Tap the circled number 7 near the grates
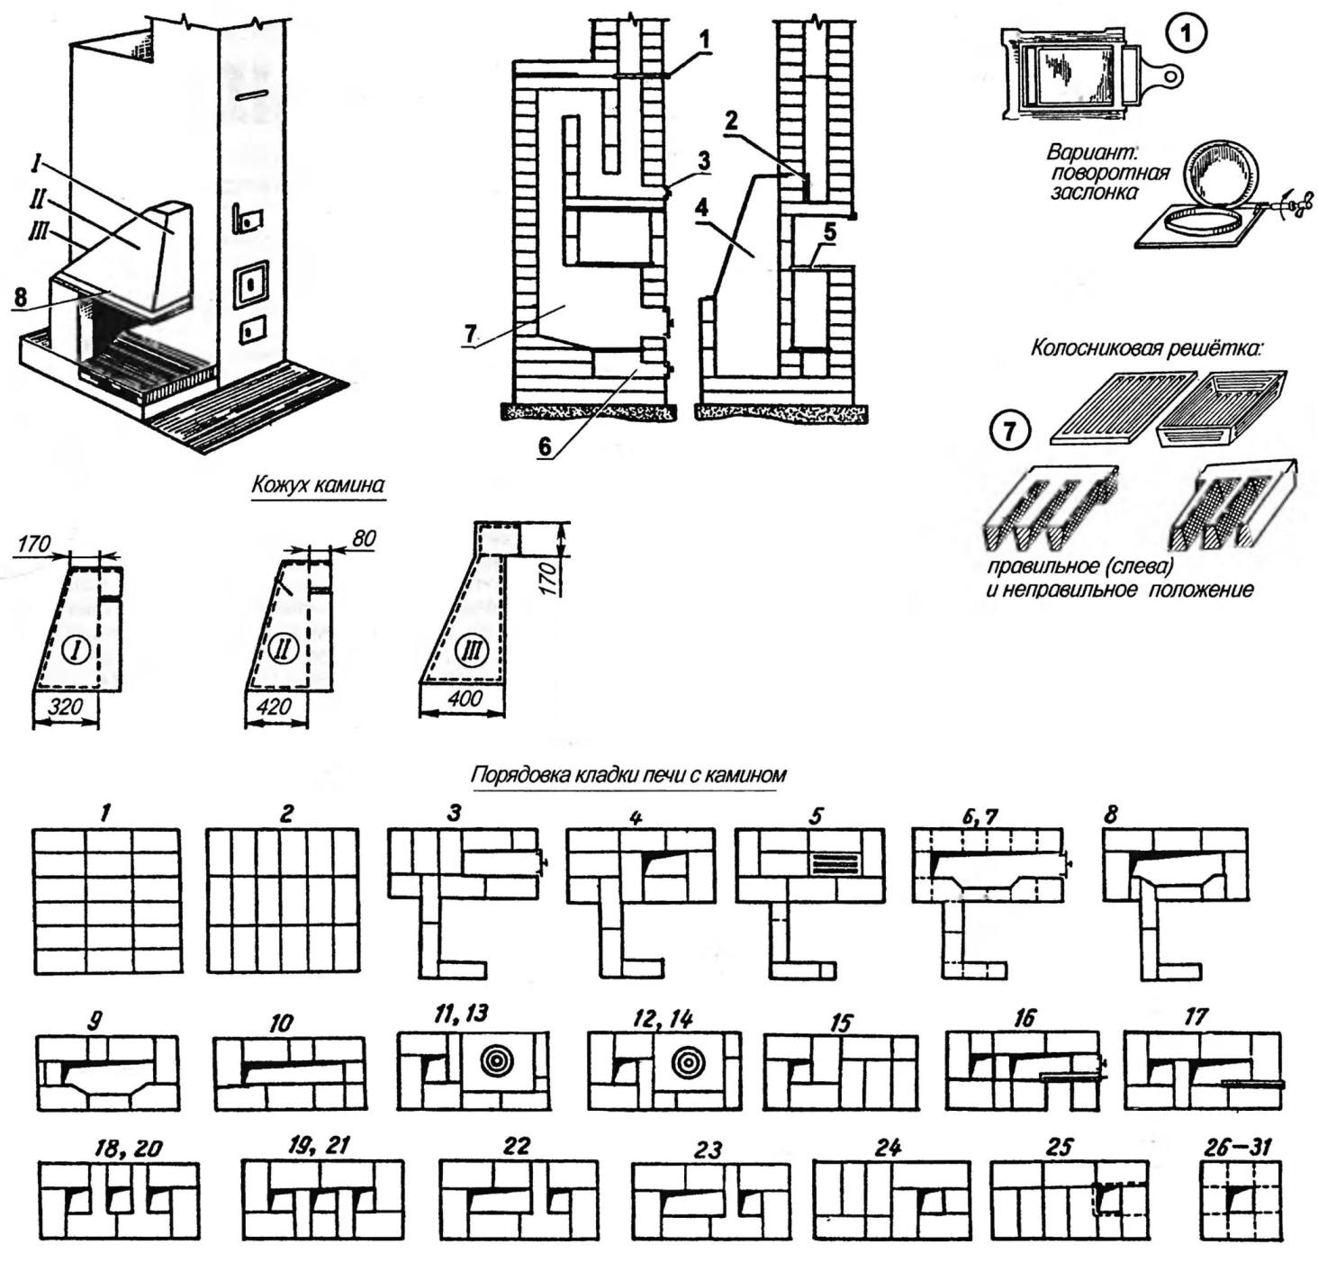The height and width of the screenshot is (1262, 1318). pyautogui.click(x=1010, y=432)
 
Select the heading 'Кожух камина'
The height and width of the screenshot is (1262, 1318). pyautogui.click(x=317, y=485)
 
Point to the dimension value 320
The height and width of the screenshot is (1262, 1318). pyautogui.click(x=65, y=708)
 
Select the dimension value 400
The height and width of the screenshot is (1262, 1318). pyautogui.click(x=465, y=698)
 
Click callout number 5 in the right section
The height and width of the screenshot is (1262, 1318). pyautogui.click(x=829, y=232)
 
